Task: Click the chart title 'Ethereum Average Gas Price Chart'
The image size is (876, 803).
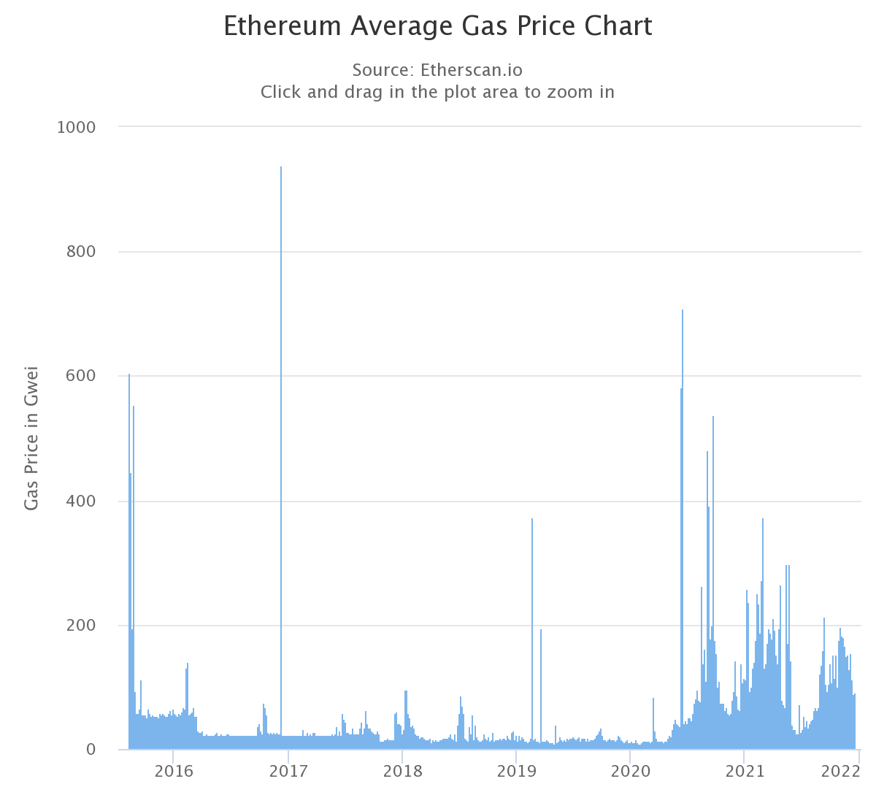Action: click(437, 26)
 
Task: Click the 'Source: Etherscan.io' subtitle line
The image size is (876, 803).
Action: click(437, 70)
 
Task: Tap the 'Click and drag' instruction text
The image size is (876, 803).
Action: click(437, 92)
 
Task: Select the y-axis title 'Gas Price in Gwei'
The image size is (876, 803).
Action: click(31, 438)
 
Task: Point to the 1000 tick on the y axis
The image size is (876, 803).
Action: click(76, 127)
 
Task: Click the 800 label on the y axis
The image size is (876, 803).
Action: click(80, 252)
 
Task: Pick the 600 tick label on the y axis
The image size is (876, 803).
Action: click(80, 376)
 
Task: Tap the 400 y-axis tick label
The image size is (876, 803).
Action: click(80, 502)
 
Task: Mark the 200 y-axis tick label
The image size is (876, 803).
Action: click(80, 626)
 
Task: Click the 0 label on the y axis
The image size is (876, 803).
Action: click(91, 750)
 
